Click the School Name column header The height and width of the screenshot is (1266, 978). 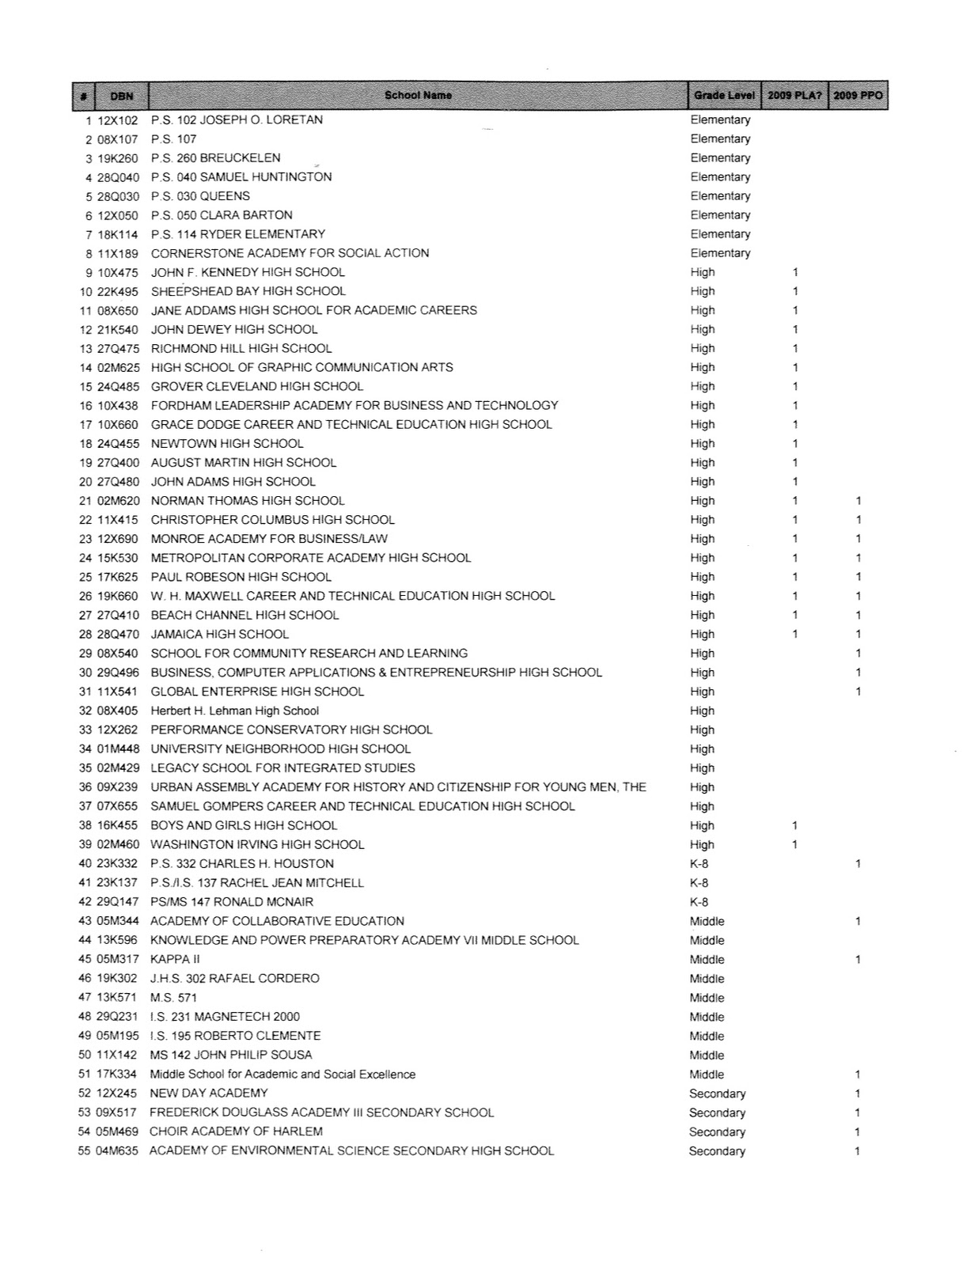[418, 96]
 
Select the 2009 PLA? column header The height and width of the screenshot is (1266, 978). [794, 96]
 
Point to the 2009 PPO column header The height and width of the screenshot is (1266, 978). [859, 96]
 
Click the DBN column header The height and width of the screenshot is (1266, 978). [122, 96]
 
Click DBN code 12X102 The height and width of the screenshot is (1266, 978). [118, 120]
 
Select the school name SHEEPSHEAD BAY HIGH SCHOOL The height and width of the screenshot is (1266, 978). [248, 291]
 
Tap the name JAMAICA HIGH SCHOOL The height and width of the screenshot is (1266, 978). [220, 634]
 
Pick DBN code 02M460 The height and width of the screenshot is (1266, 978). [118, 844]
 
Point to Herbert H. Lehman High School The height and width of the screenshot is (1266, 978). [235, 711]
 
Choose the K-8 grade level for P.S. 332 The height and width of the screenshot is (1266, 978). [699, 863]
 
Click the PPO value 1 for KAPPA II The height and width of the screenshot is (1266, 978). [858, 959]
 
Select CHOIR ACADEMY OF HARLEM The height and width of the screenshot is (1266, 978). [236, 1131]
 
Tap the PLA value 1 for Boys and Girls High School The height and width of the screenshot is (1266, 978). [795, 825]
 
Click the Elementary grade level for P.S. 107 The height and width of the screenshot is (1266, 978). [720, 139]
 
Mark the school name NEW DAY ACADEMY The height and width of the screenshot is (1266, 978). [209, 1093]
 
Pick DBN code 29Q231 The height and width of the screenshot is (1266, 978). [118, 1017]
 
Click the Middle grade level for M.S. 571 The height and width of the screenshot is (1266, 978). [707, 998]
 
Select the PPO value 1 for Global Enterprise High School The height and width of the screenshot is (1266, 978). [858, 692]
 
